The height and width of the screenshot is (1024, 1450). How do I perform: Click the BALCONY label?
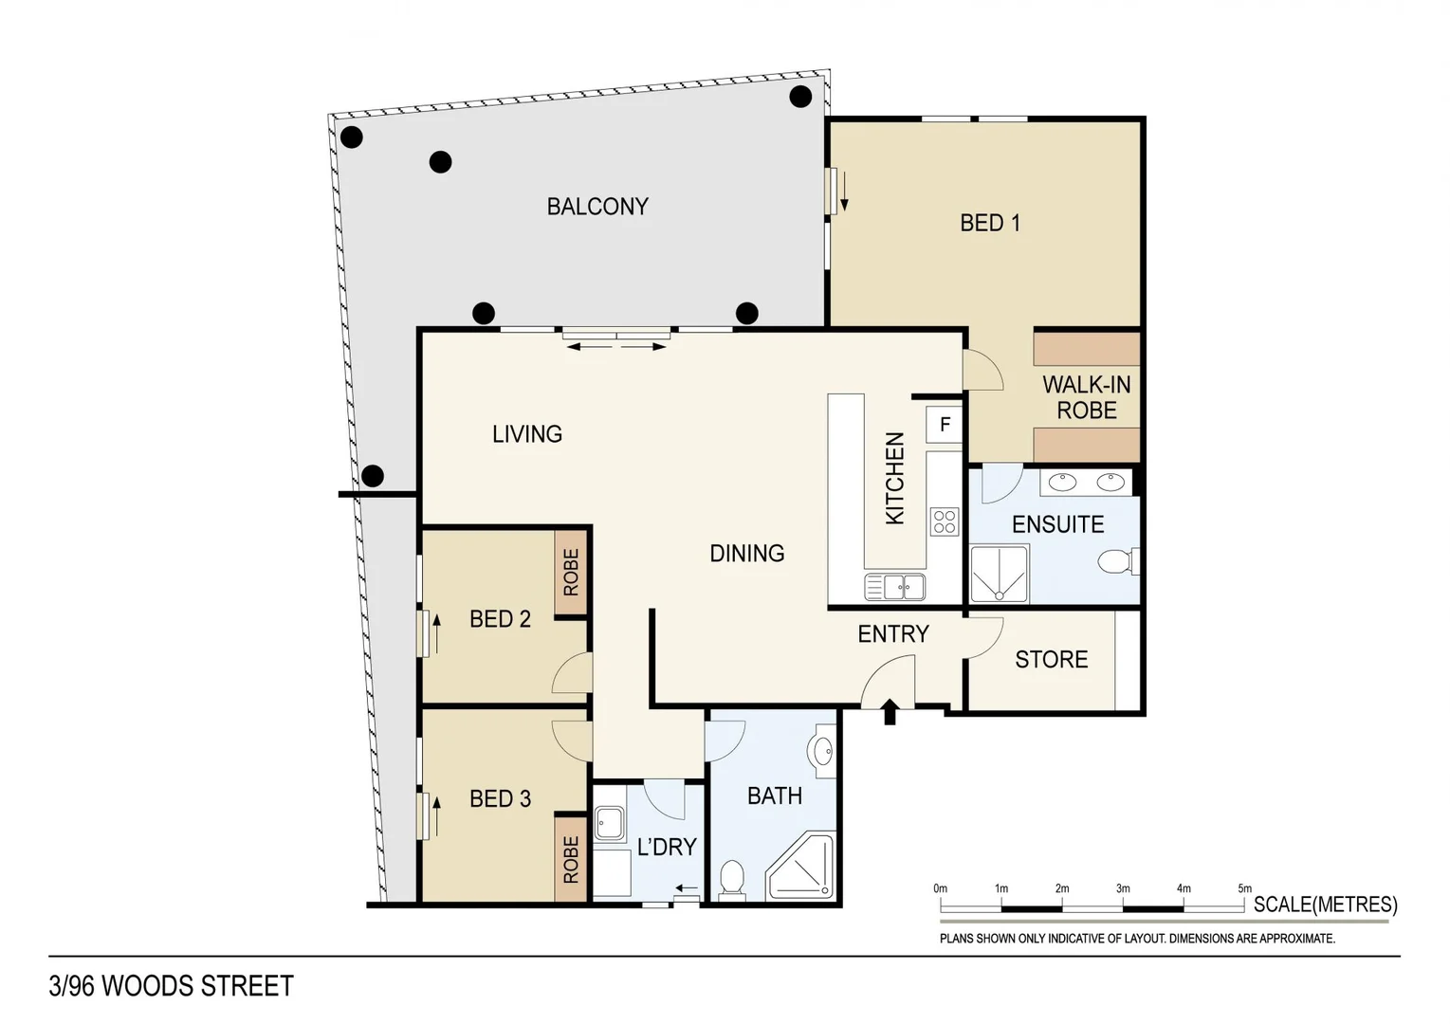[x=597, y=207]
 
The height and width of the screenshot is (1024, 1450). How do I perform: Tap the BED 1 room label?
[x=989, y=223]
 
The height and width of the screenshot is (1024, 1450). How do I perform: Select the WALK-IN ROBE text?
[x=1086, y=397]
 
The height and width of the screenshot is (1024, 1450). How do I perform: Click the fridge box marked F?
[x=945, y=425]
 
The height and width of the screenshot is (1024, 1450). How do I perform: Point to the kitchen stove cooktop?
[x=944, y=521]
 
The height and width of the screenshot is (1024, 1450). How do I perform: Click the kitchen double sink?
[x=894, y=587]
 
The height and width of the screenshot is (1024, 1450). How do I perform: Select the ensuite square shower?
[x=999, y=574]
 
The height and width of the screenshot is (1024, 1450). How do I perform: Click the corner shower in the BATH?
[x=802, y=867]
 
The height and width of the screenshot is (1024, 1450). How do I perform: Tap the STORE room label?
[x=1051, y=660]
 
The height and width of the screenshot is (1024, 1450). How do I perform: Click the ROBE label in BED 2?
[x=571, y=573]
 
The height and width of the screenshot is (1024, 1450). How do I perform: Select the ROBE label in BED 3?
[x=571, y=859]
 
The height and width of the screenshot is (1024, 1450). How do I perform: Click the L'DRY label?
[x=666, y=847]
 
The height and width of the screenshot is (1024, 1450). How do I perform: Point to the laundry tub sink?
[x=608, y=823]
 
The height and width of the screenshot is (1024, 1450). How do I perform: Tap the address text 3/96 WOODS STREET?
[x=172, y=986]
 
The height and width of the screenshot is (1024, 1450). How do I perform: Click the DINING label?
[x=746, y=553]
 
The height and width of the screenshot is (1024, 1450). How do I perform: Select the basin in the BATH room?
[x=822, y=751]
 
